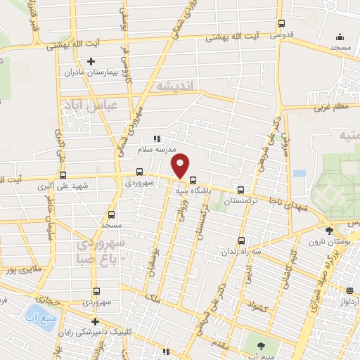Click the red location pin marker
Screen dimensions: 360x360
(x=181, y=165)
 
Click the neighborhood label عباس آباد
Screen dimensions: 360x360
(x=106, y=105)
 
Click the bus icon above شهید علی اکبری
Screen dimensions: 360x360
(x=63, y=175)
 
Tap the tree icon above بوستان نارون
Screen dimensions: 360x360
(x=329, y=230)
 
